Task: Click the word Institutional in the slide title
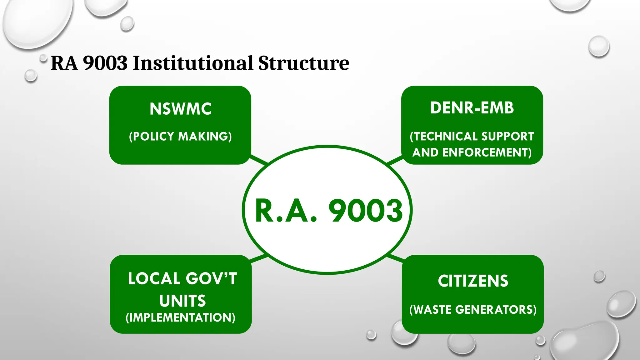[x=193, y=63]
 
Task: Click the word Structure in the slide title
[x=303, y=63]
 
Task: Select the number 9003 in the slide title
[x=105, y=63]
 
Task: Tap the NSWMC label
[x=180, y=109]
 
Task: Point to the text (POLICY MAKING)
[x=180, y=137]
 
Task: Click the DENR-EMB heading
[x=472, y=108]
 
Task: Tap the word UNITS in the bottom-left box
[x=182, y=301]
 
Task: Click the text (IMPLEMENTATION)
[x=180, y=317]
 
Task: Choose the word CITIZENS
[x=473, y=281]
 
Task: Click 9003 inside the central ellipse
[x=366, y=211]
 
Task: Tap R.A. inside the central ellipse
[x=286, y=211]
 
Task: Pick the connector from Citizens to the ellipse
[x=396, y=258]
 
